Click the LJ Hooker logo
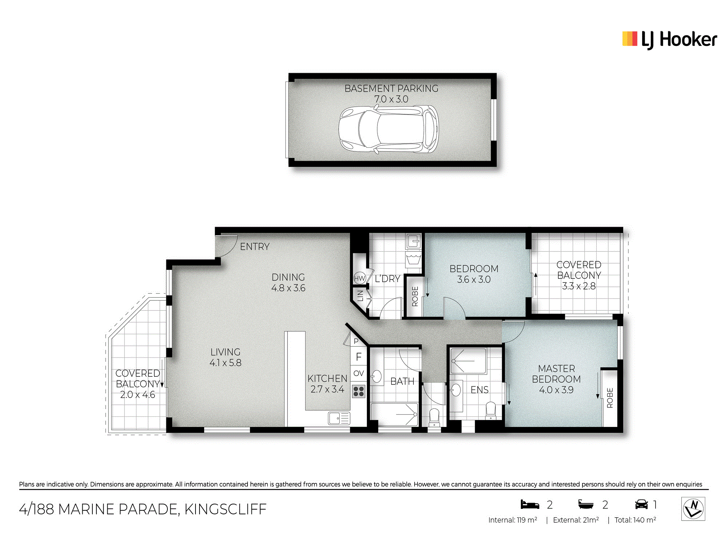[669, 40]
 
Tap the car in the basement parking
[389, 130]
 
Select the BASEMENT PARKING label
[391, 88]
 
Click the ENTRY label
[255, 247]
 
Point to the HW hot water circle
[360, 278]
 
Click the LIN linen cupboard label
[360, 296]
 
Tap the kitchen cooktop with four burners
[359, 391]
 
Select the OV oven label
[359, 373]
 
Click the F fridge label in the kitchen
[359, 357]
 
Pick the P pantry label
[356, 341]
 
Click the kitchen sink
[339, 418]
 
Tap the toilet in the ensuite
[491, 410]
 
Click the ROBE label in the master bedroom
[610, 398]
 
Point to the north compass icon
[693, 509]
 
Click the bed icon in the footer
[530, 505]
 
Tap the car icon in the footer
[641, 505]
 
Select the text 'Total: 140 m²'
[635, 520]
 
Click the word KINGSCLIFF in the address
[225, 509]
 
